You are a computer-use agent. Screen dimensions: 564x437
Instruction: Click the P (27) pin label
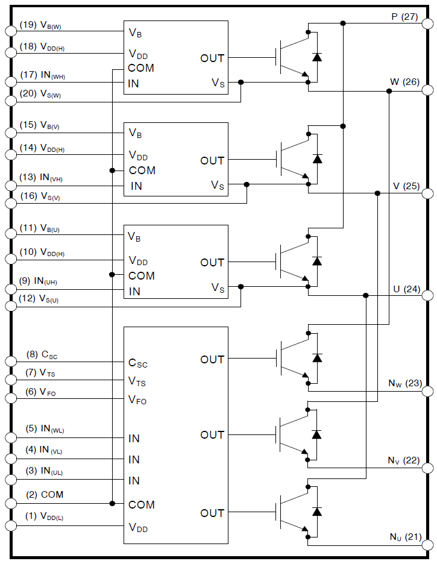pyautogui.click(x=404, y=17)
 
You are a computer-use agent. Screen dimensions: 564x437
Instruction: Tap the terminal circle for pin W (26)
pyautogui.click(x=427, y=91)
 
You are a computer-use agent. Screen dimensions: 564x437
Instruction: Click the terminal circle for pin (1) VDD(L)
pyautogui.click(x=10, y=525)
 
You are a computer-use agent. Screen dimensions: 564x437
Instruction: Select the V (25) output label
pyautogui.click(x=405, y=187)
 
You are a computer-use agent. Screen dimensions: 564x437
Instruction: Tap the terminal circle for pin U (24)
pyautogui.click(x=427, y=295)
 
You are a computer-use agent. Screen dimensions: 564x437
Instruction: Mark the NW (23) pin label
pyautogui.click(x=404, y=383)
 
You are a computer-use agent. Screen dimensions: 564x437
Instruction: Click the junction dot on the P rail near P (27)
pyautogui.click(x=343, y=23)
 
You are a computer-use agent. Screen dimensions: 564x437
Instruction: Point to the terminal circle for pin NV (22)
pyautogui.click(x=427, y=468)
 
